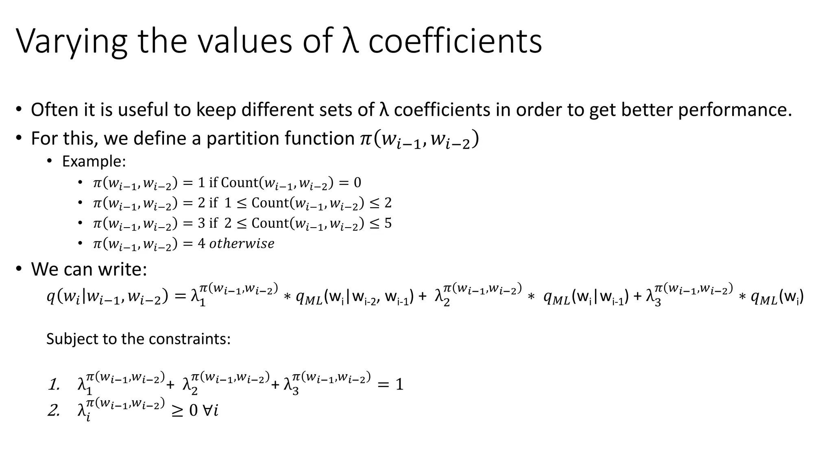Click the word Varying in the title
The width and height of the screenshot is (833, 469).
coord(72,42)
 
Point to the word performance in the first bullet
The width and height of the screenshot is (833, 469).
coord(735,110)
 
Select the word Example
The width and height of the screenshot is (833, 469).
coord(94,162)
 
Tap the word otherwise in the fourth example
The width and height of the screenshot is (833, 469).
coord(242,243)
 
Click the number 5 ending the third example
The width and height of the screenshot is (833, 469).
coord(388,223)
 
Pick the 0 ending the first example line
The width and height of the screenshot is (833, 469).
coord(357,183)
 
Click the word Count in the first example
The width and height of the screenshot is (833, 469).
coord(240,182)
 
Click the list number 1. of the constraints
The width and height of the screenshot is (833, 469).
coord(54,384)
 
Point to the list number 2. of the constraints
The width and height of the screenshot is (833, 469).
coord(54,410)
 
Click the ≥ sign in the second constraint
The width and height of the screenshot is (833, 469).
coord(177,410)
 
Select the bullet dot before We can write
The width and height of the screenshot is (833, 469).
coord(19,269)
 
